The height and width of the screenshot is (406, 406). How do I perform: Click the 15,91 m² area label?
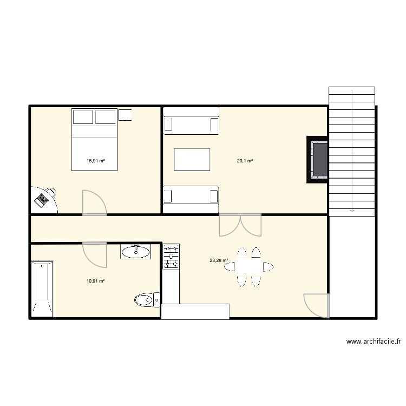(x=95, y=160)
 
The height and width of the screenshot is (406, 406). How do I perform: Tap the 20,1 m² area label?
(x=245, y=160)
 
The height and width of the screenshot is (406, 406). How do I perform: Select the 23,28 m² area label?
(x=219, y=260)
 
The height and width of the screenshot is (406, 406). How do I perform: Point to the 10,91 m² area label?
(x=95, y=281)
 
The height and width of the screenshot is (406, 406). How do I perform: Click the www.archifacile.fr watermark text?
(x=373, y=342)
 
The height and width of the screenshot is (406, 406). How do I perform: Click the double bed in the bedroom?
(x=95, y=140)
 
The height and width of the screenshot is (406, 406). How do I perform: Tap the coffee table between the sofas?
(x=192, y=160)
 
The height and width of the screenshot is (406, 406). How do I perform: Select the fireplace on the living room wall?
(x=318, y=160)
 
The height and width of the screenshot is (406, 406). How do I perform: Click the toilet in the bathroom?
(x=146, y=299)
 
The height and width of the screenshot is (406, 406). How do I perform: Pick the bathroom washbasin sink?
(x=135, y=251)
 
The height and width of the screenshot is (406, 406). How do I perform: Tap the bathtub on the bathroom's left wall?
(x=42, y=289)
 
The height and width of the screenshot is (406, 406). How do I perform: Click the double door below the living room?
(x=240, y=225)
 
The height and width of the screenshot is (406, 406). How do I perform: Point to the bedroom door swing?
(x=94, y=202)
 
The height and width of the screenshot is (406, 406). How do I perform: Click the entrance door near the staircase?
(x=316, y=306)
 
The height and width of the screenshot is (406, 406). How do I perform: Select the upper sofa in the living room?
(x=191, y=121)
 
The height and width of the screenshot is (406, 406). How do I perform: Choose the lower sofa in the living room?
(x=191, y=199)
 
